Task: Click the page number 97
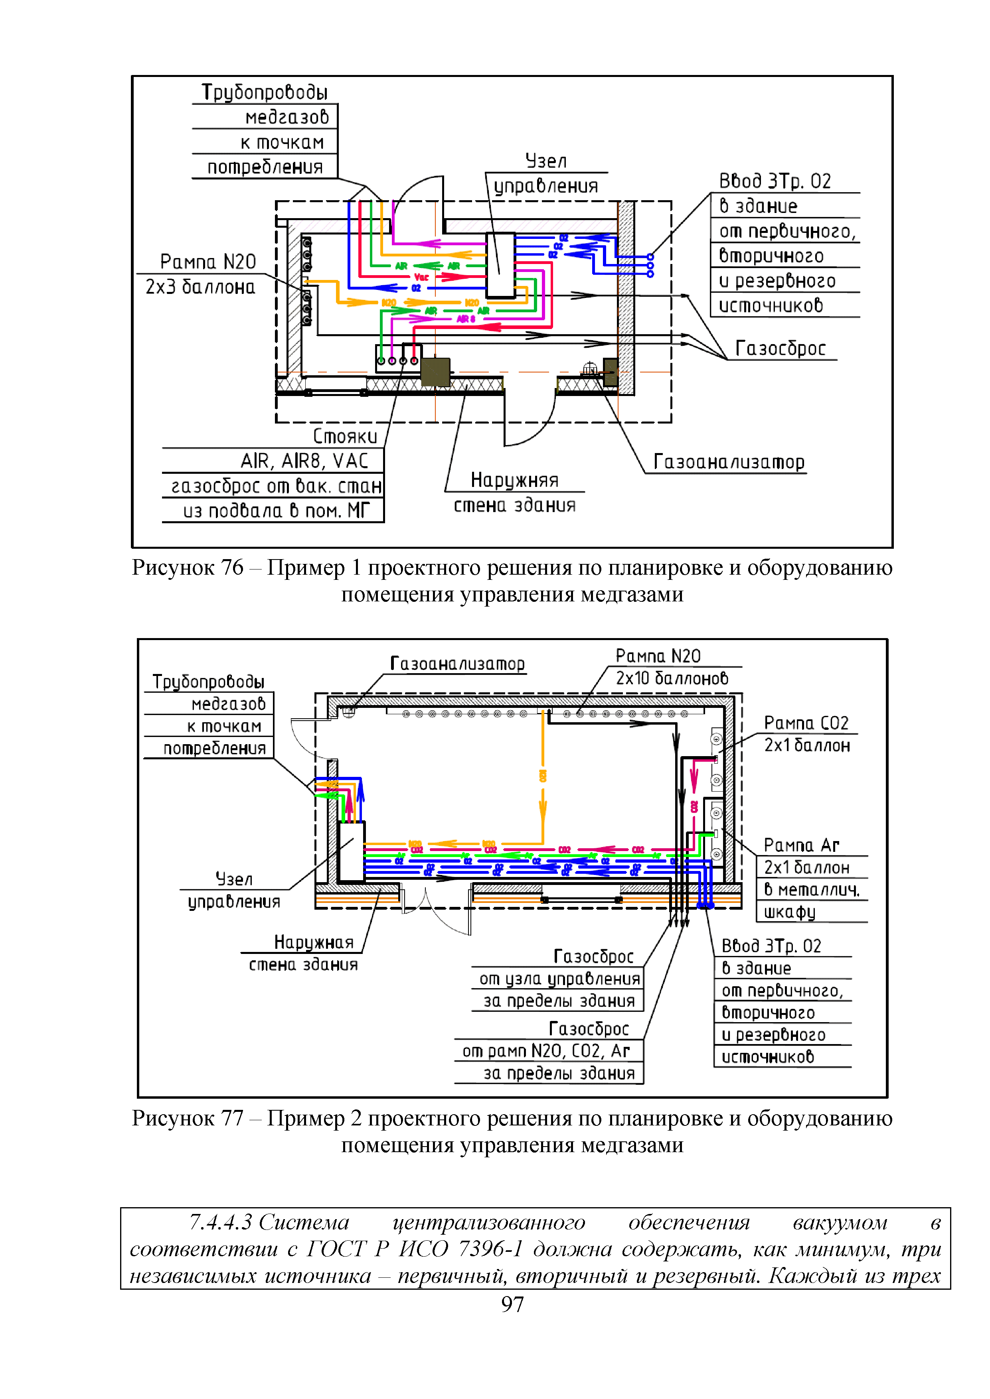(x=512, y=1304)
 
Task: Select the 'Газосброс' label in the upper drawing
(x=780, y=349)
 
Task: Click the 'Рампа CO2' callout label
(x=806, y=723)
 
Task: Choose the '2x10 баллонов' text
(x=672, y=678)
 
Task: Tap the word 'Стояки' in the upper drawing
(x=345, y=436)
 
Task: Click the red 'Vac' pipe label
(x=421, y=277)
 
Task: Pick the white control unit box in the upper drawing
(x=500, y=265)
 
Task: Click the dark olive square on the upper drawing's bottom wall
(x=435, y=372)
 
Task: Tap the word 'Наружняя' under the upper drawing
(x=514, y=481)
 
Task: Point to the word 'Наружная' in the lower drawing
(x=313, y=943)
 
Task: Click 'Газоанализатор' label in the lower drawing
(x=457, y=664)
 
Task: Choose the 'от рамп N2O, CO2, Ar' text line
(x=545, y=1051)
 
